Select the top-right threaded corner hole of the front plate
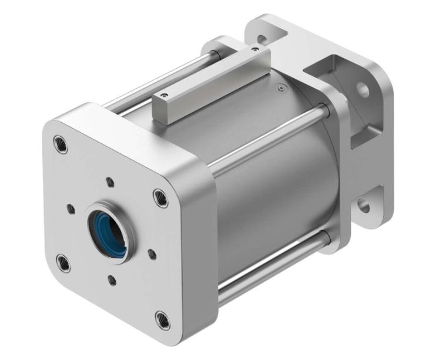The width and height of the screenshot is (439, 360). [x=160, y=196]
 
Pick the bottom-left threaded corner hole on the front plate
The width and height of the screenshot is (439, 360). [x=63, y=263]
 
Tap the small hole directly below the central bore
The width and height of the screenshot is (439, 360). [x=112, y=280]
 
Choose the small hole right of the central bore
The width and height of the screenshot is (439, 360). [x=152, y=254]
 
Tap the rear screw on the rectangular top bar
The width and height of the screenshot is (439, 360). [x=254, y=50]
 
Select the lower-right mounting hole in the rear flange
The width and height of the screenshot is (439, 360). [x=364, y=206]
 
